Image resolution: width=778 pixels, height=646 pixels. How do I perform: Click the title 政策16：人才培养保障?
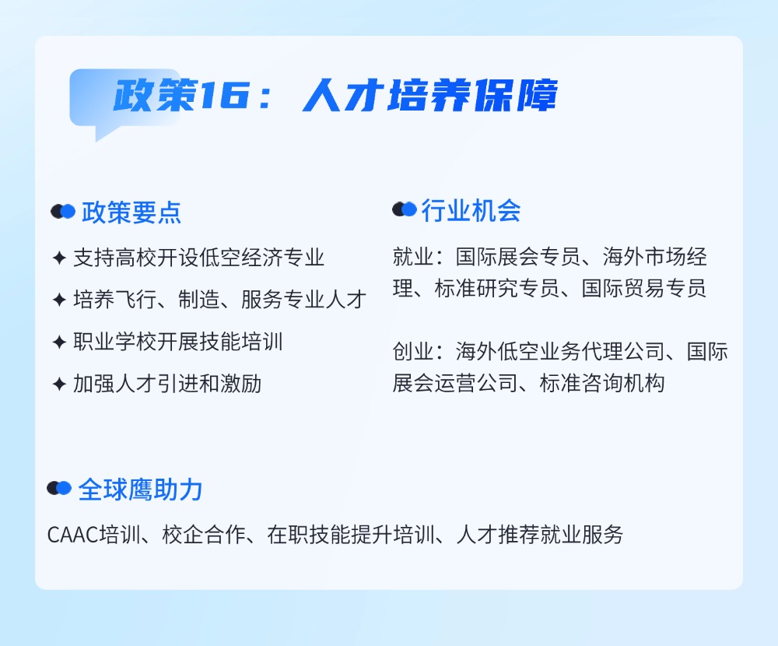point(335,97)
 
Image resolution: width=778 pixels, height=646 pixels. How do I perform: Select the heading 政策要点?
point(131,212)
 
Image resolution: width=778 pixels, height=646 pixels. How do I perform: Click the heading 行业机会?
point(471,211)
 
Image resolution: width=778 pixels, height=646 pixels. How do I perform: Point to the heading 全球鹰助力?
point(140,489)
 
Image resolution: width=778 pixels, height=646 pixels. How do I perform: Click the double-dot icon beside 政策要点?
point(63,212)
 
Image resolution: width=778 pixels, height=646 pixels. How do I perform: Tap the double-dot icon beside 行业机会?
point(405,209)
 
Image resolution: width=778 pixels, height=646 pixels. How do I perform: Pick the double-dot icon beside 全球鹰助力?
point(59,488)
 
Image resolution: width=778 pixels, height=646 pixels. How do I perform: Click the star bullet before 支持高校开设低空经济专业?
point(58,258)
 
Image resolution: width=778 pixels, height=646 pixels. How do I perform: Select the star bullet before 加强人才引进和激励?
point(58,384)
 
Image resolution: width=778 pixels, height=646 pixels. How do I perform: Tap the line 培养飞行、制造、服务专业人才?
point(219,300)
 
